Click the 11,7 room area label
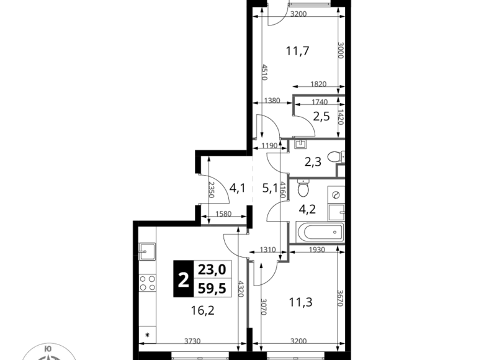pos(298,51)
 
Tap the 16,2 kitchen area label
pos(202,310)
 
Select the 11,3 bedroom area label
pos(300,302)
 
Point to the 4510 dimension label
pos(264,72)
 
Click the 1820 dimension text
pos(318,84)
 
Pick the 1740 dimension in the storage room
pos(320,102)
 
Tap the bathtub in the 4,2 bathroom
pos(320,232)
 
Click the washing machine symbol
pos(336,195)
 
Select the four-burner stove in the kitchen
pos(147,283)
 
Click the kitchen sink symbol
pos(147,251)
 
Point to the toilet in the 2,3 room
pos(336,157)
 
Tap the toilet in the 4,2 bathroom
pos(303,188)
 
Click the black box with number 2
pos(183,279)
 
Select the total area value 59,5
pos(212,289)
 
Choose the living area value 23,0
pos(212,269)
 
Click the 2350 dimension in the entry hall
pos(212,189)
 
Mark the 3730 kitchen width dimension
pos(192,341)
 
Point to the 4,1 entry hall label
pos(238,187)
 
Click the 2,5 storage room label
pos(321,117)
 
